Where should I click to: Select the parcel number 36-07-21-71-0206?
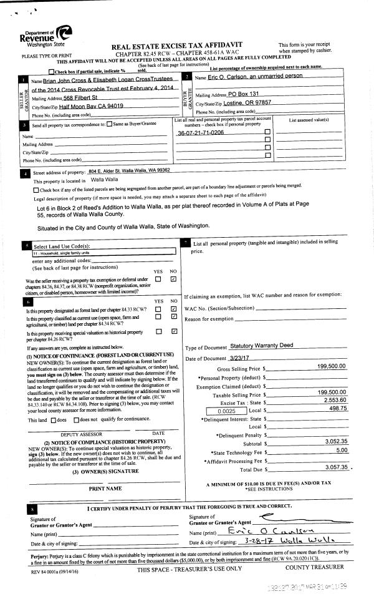(200, 133)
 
